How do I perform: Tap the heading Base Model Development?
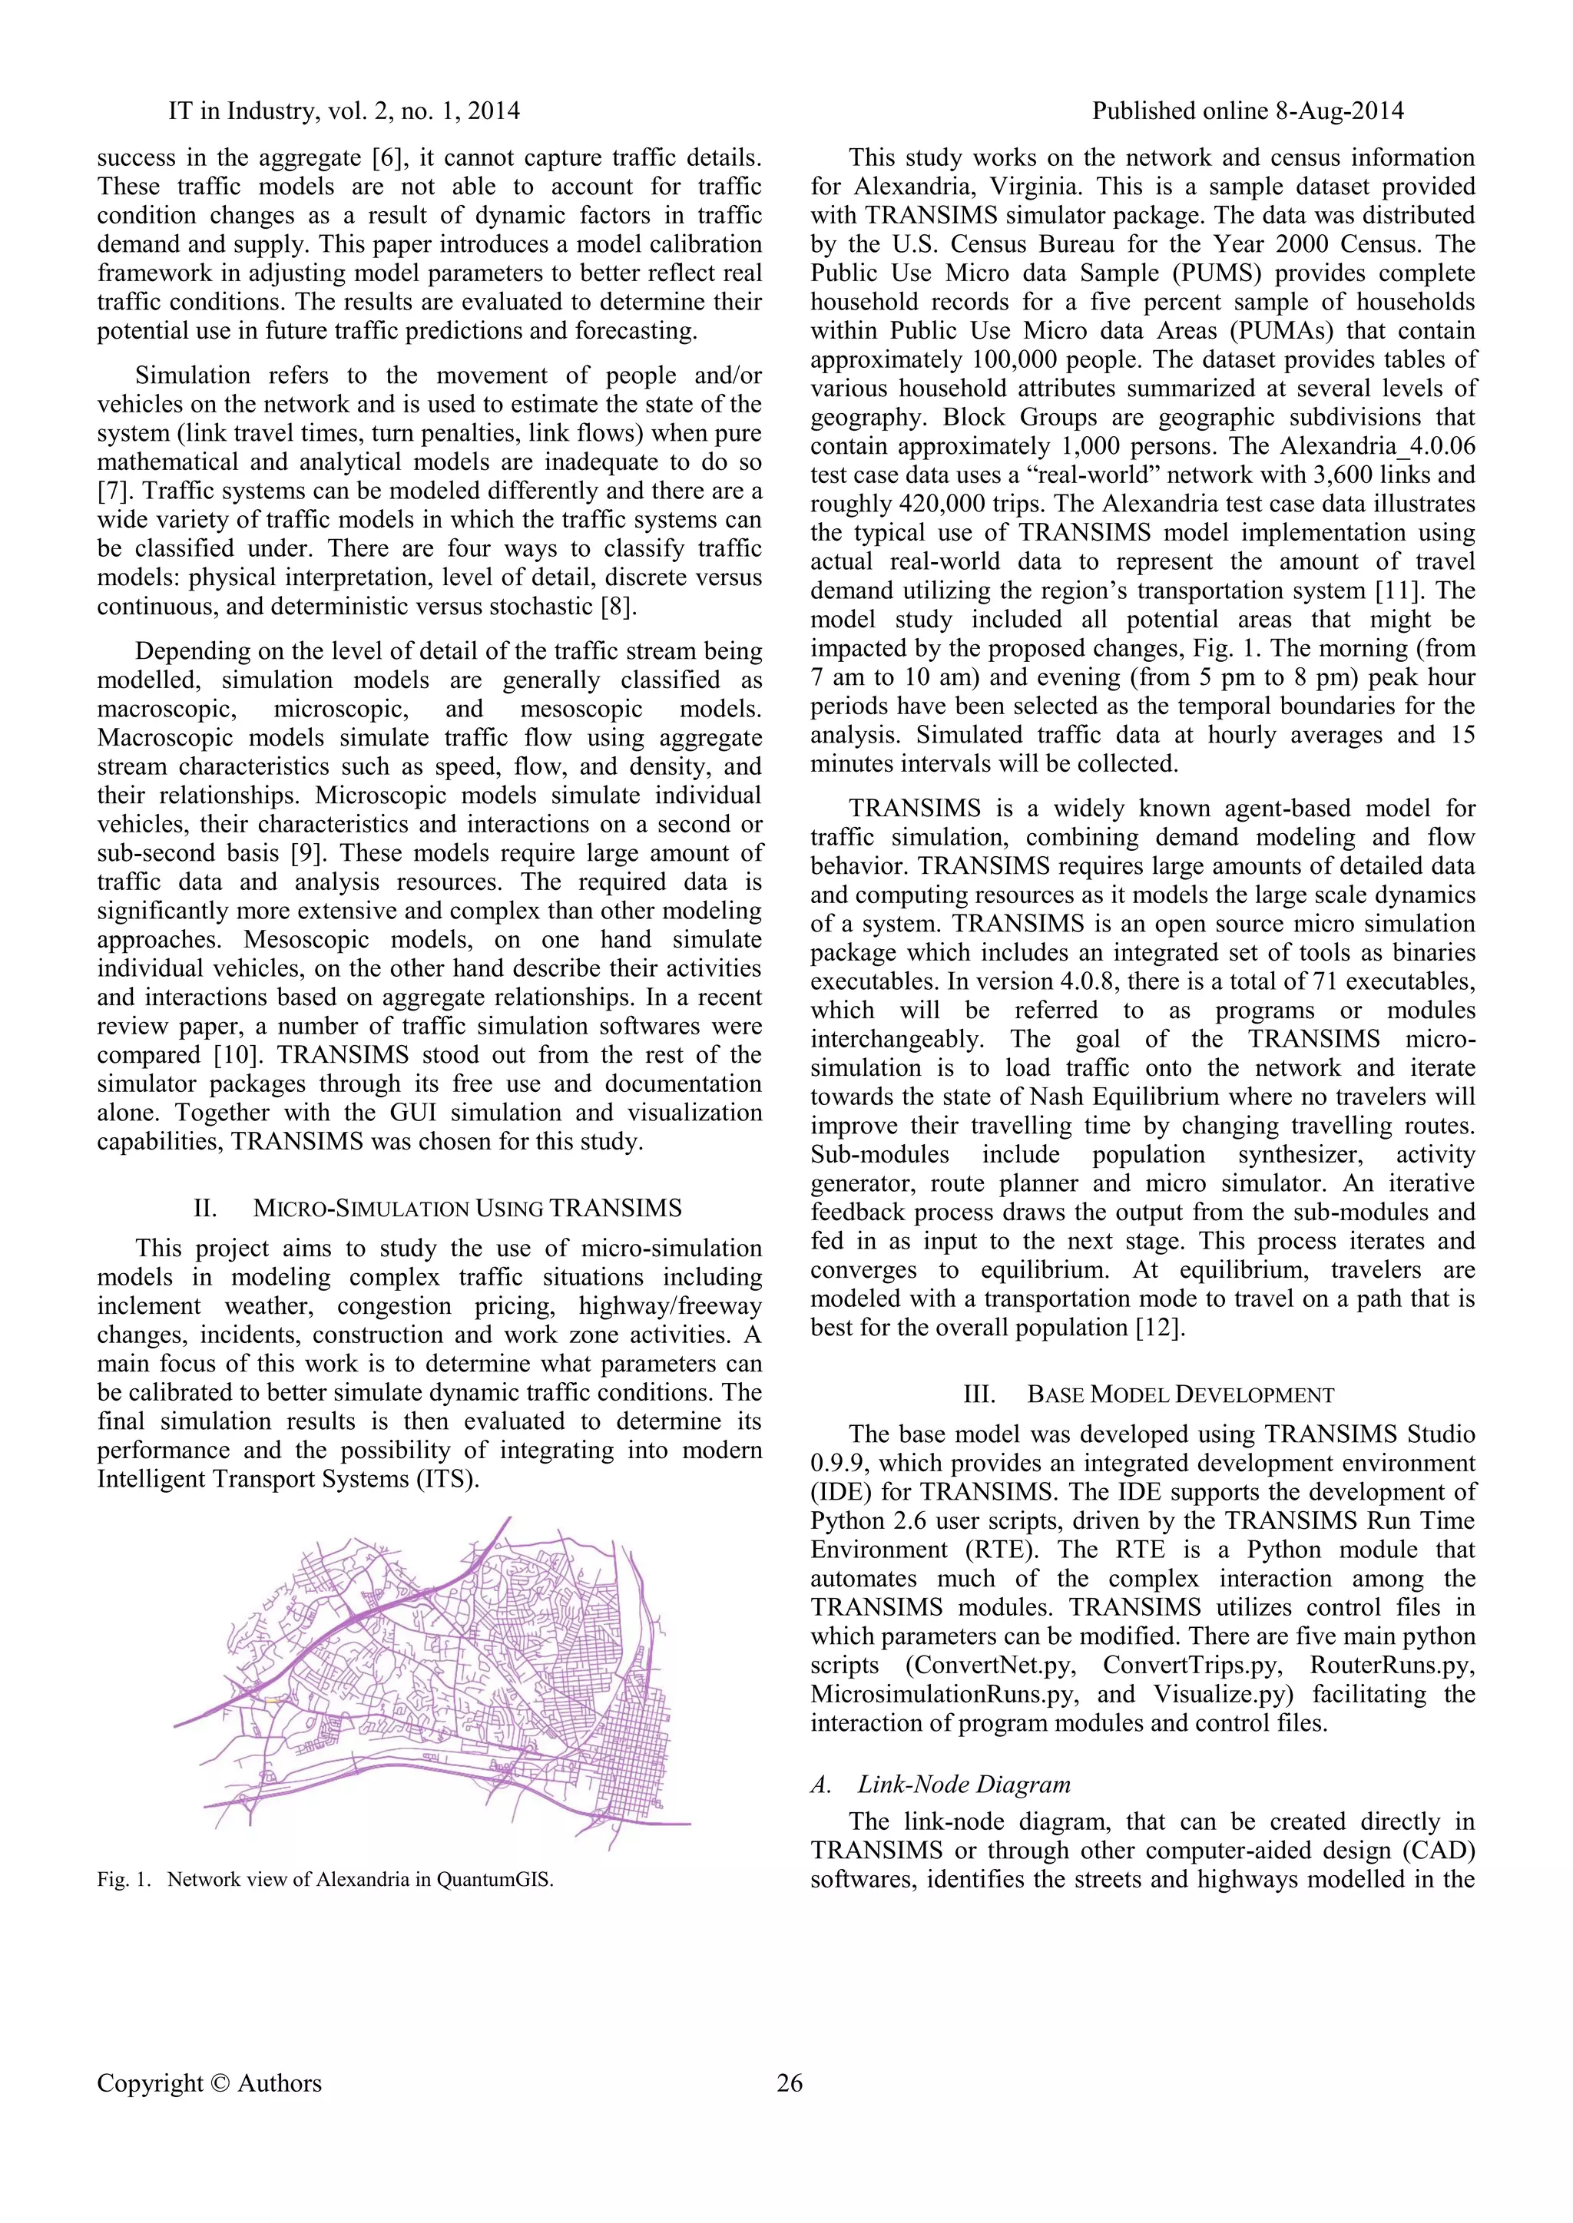pos(1180,1395)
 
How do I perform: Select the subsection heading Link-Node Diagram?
pos(964,1785)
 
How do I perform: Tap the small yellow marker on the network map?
pos(272,1699)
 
